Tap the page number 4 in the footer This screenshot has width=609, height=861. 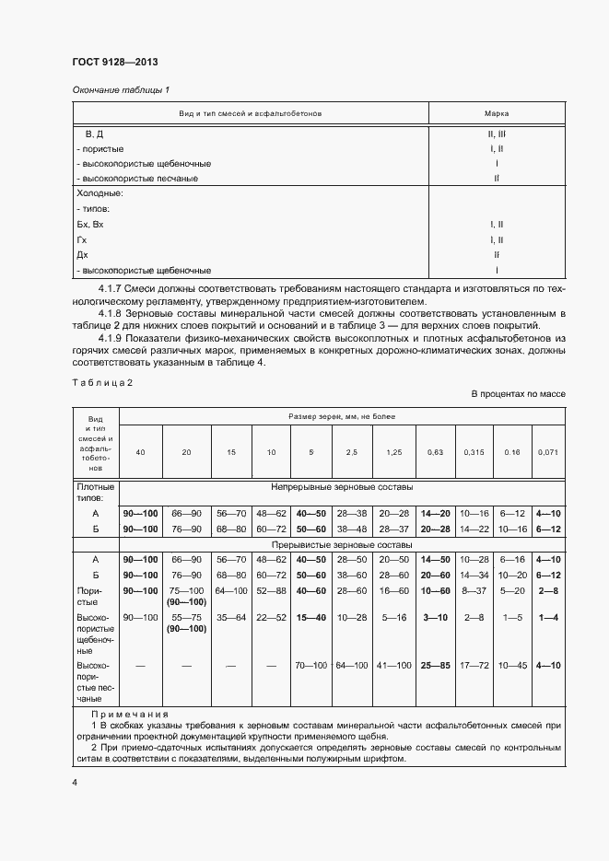[76, 782]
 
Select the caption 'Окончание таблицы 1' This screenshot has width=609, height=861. [121, 89]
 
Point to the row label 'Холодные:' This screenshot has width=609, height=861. [100, 193]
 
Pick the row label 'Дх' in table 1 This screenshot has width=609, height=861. [83, 255]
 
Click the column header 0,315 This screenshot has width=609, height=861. [473, 452]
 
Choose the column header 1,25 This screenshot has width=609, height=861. [393, 452]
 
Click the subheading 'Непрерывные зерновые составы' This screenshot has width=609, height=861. [342, 486]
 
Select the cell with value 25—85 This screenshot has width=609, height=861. [434, 665]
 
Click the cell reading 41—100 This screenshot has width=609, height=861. [393, 665]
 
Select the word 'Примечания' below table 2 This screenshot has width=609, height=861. [130, 715]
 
